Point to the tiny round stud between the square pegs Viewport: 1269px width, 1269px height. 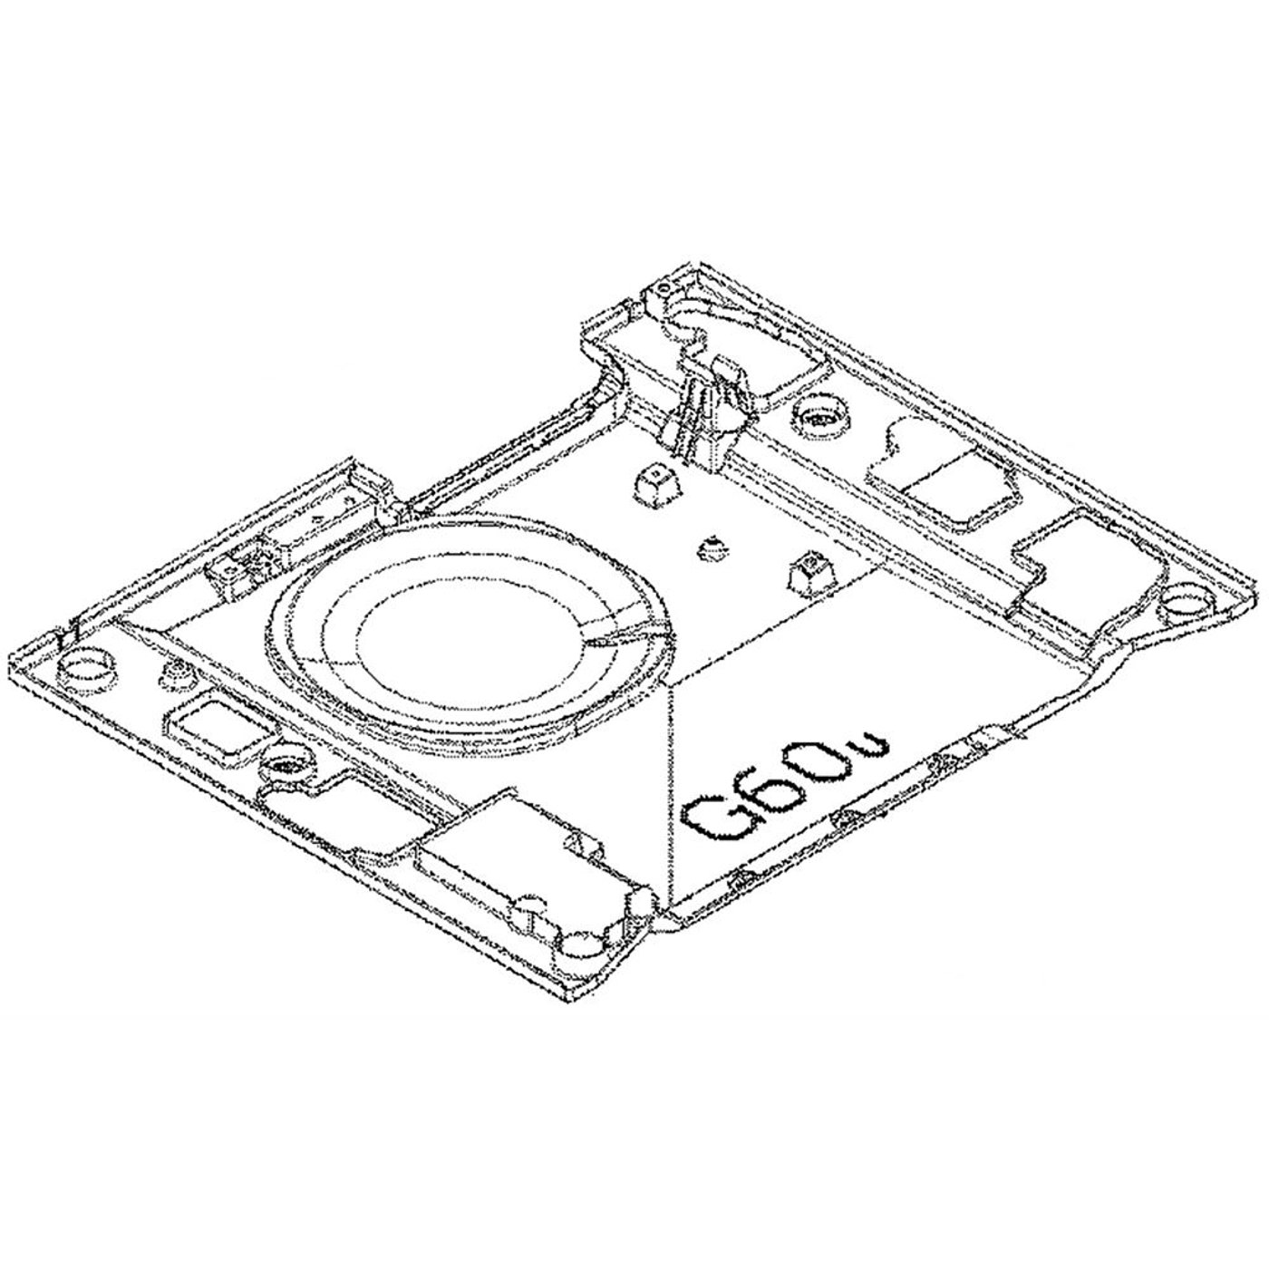712,547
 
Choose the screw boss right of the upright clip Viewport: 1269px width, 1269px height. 820,418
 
